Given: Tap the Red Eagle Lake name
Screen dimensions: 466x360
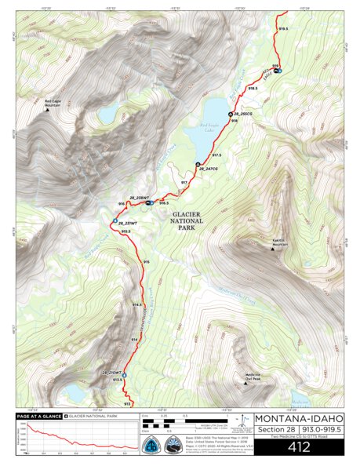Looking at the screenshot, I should coord(212,128).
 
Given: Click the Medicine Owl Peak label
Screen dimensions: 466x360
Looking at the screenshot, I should coord(252,377).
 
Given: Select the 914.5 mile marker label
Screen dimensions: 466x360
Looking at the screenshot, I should coord(136,304).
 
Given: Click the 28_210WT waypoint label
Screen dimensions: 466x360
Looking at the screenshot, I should coord(111,371).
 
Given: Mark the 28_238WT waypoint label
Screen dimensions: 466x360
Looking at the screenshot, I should coord(139,197).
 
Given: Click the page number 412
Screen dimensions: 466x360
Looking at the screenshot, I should coord(289,448).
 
